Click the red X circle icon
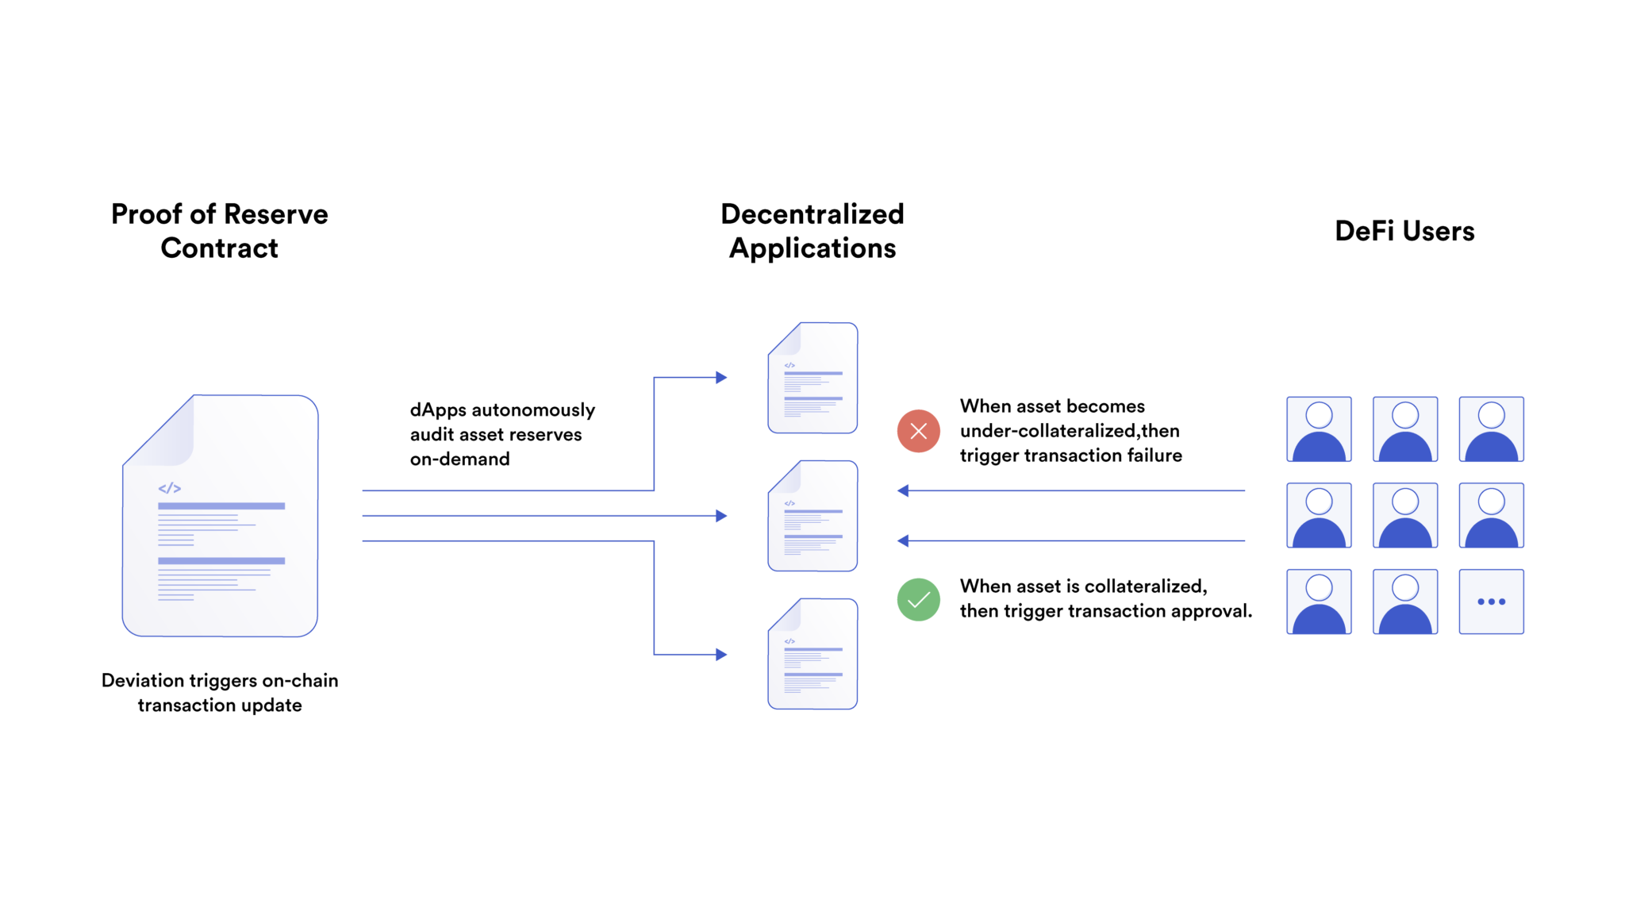[x=918, y=431]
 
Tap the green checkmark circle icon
[x=918, y=600]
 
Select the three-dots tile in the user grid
[x=1491, y=602]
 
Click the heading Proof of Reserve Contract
[x=219, y=231]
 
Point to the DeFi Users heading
[x=1404, y=231]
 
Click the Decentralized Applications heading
[x=812, y=231]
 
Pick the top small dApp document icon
[x=812, y=378]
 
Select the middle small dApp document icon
[x=812, y=516]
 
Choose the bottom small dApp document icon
[x=812, y=654]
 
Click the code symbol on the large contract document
[x=170, y=488]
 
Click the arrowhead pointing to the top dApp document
[x=720, y=378]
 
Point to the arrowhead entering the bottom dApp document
[x=720, y=655]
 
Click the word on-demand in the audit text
[x=459, y=459]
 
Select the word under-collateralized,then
[x=1069, y=431]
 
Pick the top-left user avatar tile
[x=1319, y=429]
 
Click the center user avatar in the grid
[x=1404, y=516]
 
